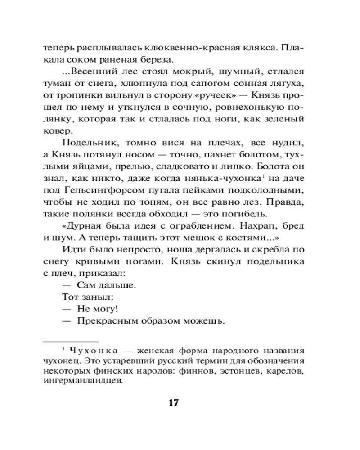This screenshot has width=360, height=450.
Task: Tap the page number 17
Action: pyautogui.click(x=174, y=403)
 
